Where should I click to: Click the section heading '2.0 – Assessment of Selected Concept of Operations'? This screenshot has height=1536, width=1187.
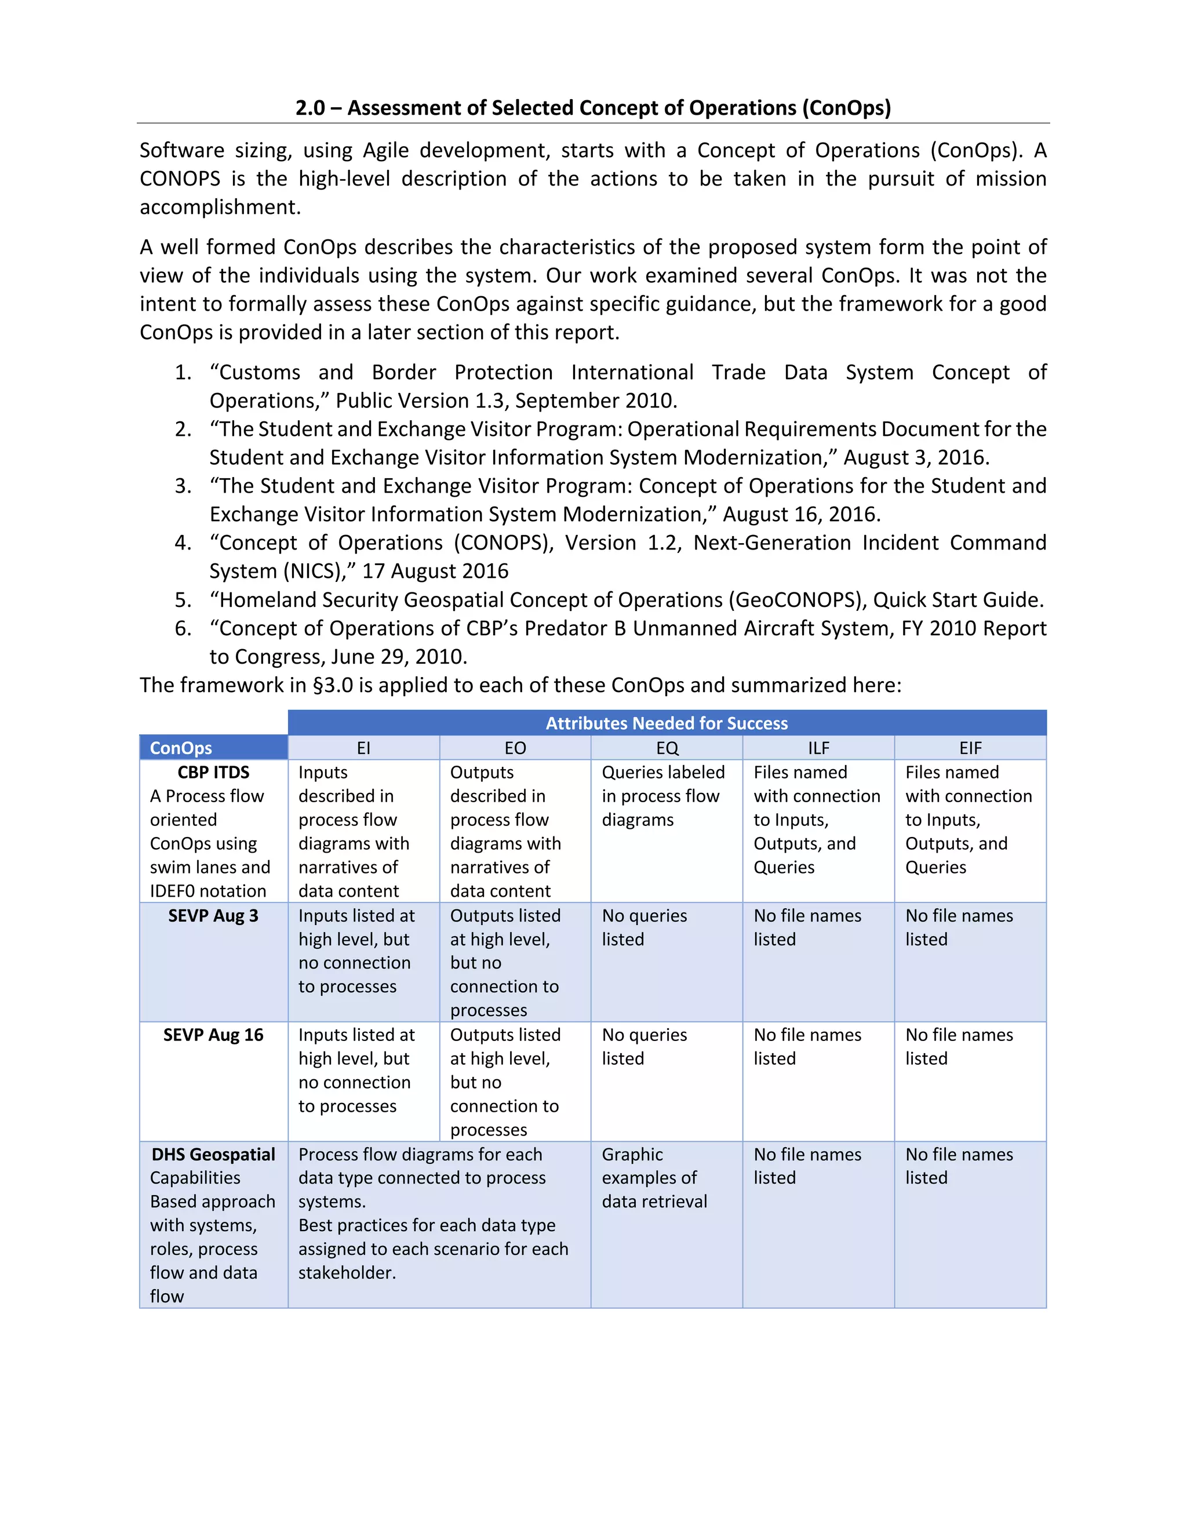click(593, 108)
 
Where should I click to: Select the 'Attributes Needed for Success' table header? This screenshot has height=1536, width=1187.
click(666, 723)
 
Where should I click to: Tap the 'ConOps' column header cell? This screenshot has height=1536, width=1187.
click(181, 748)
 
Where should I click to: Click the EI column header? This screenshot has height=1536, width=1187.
click(363, 748)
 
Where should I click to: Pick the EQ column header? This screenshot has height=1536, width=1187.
click(667, 748)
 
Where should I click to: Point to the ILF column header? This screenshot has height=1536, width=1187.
click(818, 748)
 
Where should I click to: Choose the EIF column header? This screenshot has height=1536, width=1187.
click(970, 748)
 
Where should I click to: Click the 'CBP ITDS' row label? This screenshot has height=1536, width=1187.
click(213, 772)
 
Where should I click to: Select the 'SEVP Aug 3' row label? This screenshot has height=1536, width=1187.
click(213, 916)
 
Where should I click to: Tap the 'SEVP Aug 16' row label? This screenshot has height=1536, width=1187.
click(213, 1035)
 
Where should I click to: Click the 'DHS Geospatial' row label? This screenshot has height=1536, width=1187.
click(213, 1154)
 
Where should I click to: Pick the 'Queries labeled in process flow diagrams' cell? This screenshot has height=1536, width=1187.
click(662, 796)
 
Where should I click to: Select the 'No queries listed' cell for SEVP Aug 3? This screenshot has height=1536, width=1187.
click(643, 927)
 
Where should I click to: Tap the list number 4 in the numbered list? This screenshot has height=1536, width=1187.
click(183, 543)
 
